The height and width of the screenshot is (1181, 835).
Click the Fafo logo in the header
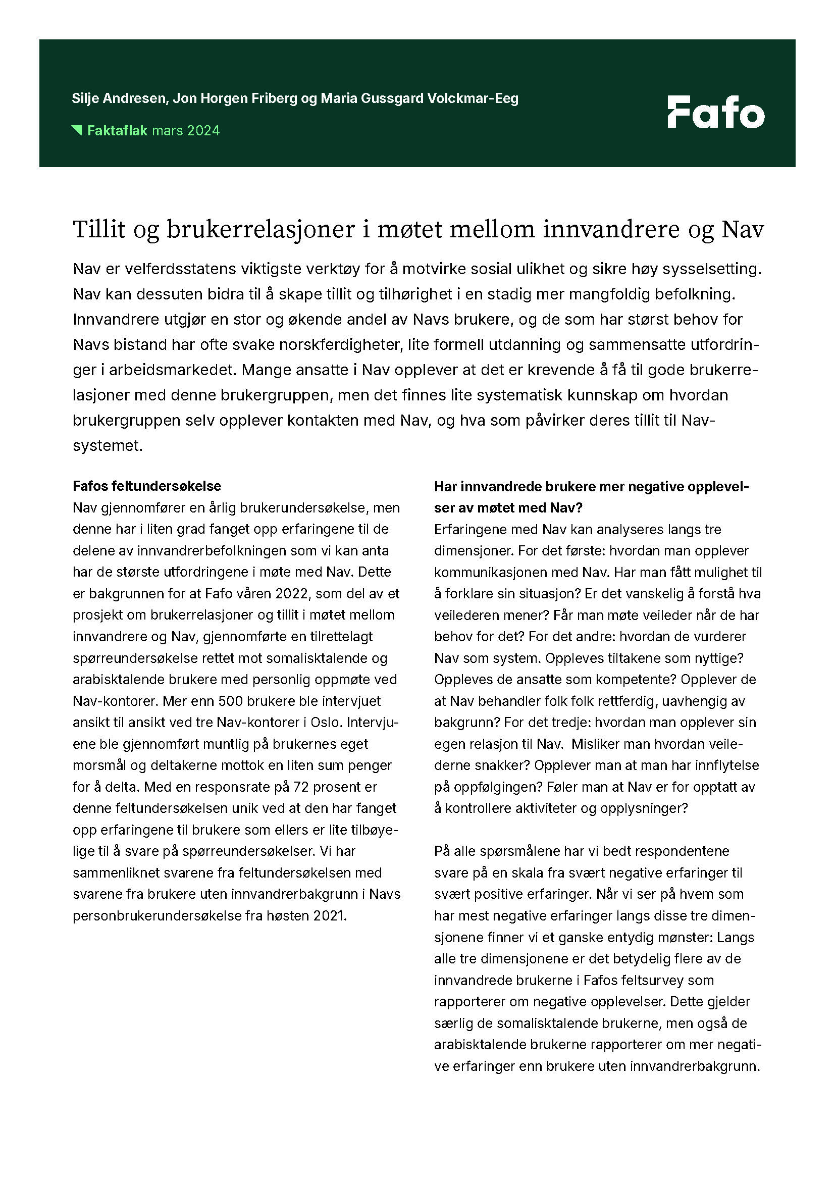click(716, 112)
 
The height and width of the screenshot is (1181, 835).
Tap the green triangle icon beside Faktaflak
click(77, 130)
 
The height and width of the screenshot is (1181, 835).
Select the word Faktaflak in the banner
click(117, 131)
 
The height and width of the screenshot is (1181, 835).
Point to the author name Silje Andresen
click(120, 98)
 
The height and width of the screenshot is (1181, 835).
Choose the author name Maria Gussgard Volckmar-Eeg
click(419, 98)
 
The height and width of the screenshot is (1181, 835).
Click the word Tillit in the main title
click(99, 229)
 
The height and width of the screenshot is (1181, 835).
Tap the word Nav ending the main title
click(743, 229)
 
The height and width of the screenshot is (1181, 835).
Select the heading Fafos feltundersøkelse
click(147, 486)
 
